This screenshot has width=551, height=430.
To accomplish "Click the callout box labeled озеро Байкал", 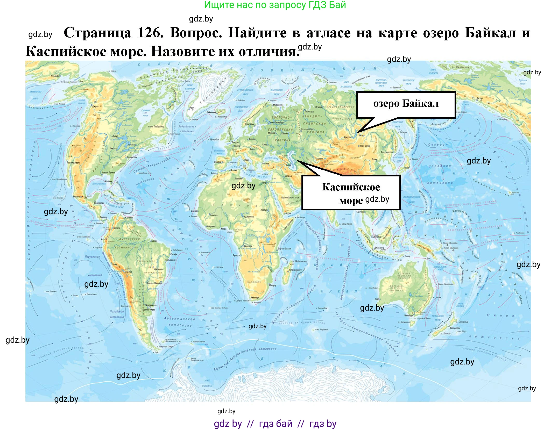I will pos(406,104).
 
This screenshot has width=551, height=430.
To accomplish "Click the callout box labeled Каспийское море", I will pos(351,193).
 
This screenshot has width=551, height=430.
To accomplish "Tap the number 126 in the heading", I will pos(150,33).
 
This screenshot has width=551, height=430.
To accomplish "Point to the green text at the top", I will pos(275,5).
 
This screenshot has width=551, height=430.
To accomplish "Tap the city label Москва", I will pos(271,133).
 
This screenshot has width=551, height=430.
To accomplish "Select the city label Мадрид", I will pos(218,162).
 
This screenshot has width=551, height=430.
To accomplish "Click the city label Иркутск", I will pos(348,137).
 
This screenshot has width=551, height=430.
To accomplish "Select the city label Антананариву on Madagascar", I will pos(295,270).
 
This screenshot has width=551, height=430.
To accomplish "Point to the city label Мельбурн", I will pos(409,316).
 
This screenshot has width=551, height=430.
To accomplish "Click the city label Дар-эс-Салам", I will pos(284,248).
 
